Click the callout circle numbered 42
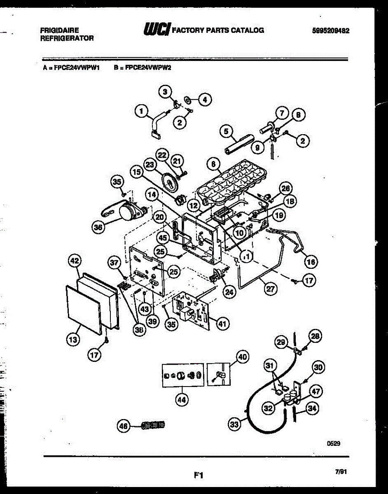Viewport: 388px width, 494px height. [x=75, y=261]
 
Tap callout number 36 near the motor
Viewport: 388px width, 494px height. [x=98, y=228]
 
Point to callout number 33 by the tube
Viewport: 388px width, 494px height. [x=234, y=424]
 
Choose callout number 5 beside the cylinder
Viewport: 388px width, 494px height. [x=226, y=132]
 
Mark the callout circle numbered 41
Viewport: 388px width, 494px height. [x=222, y=324]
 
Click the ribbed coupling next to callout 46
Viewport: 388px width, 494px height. [x=152, y=425]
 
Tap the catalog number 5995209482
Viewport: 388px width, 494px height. [x=331, y=30]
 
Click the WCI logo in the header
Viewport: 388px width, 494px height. [x=156, y=30]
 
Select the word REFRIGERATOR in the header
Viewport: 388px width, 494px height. [x=67, y=38]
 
